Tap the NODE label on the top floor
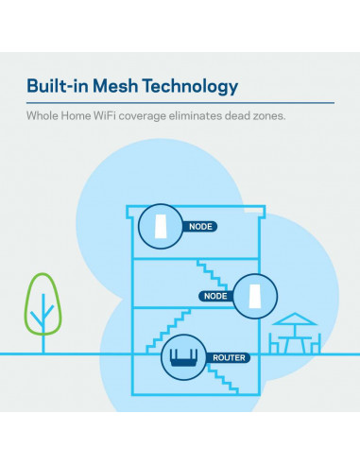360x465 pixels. [201, 227]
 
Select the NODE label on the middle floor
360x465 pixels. [214, 296]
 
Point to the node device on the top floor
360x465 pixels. [158, 225]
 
